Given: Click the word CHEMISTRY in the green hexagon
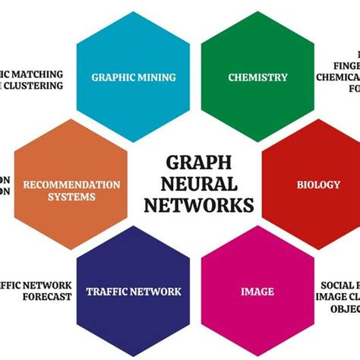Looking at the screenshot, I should coord(258,77).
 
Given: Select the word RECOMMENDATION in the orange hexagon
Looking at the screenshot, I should coord(71,185).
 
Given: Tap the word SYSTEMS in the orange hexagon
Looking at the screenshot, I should coord(71,197).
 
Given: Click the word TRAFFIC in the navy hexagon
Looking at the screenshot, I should coord(108,292).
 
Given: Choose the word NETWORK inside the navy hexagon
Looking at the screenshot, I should coord(157,292).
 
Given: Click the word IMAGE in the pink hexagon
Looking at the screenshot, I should coord(257,292).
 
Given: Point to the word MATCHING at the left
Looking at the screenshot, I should coord(36,74).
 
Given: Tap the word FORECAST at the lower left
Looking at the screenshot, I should coord(46,297).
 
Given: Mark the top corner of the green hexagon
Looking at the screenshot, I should coord(257,11).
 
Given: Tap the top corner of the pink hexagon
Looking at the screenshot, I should coord(257,226).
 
